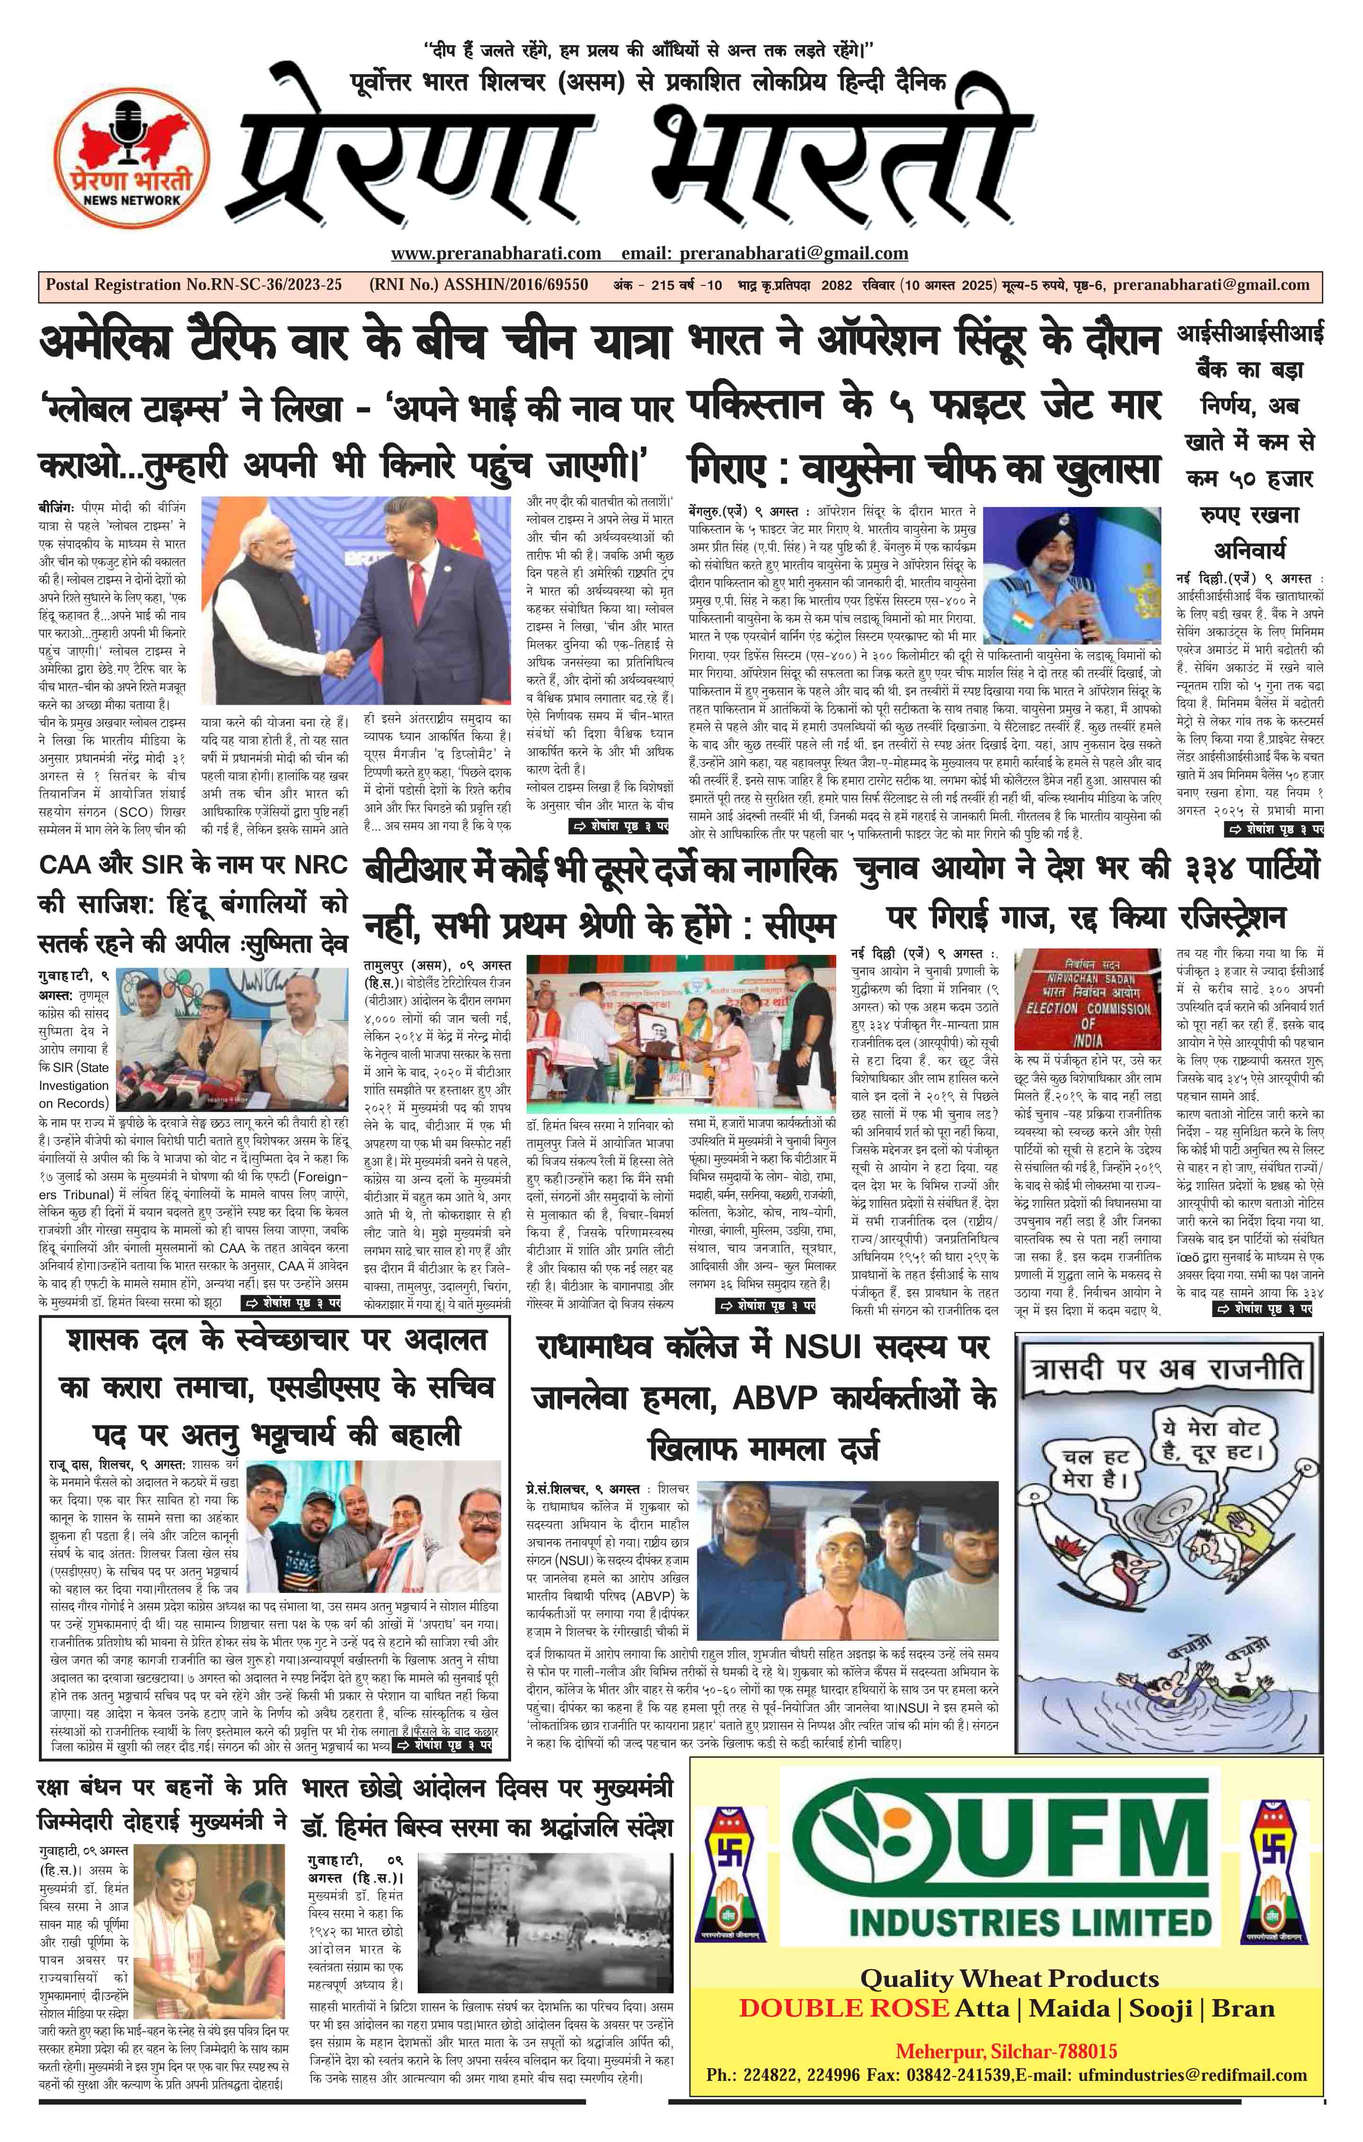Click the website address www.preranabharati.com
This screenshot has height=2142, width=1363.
496,254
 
